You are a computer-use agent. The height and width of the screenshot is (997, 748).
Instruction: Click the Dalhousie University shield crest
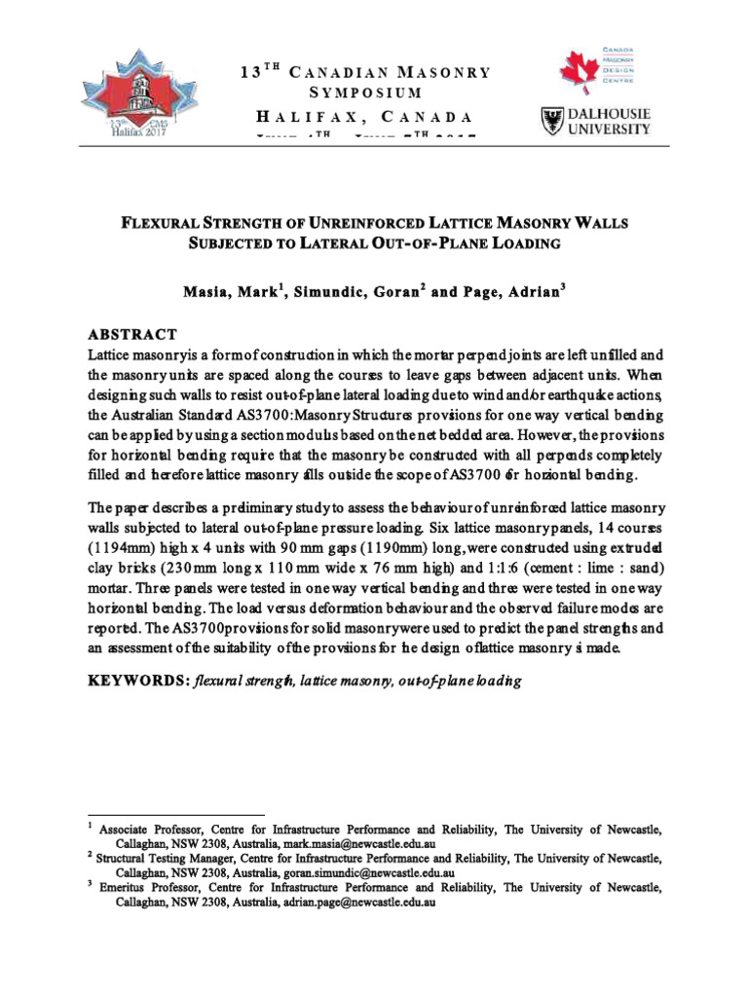550,121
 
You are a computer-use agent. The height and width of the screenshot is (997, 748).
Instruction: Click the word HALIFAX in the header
288,117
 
